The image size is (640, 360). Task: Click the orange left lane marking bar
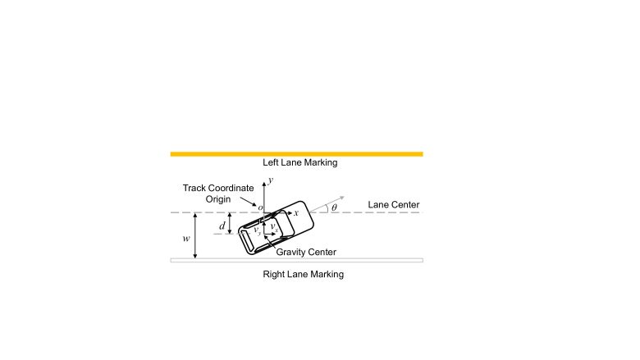click(x=296, y=153)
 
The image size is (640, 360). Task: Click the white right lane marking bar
click(x=296, y=261)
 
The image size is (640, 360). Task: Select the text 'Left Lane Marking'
click(x=299, y=163)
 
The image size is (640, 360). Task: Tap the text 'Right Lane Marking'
click(x=303, y=274)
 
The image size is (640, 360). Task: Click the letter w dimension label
click(x=186, y=239)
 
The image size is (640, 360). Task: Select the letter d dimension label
click(x=220, y=223)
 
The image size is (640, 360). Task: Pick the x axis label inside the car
click(x=295, y=212)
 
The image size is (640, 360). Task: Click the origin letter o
click(x=260, y=208)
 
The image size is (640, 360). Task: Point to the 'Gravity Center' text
click(x=306, y=252)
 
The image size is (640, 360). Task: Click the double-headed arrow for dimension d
click(x=230, y=223)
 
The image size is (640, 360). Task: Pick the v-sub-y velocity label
click(x=258, y=232)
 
